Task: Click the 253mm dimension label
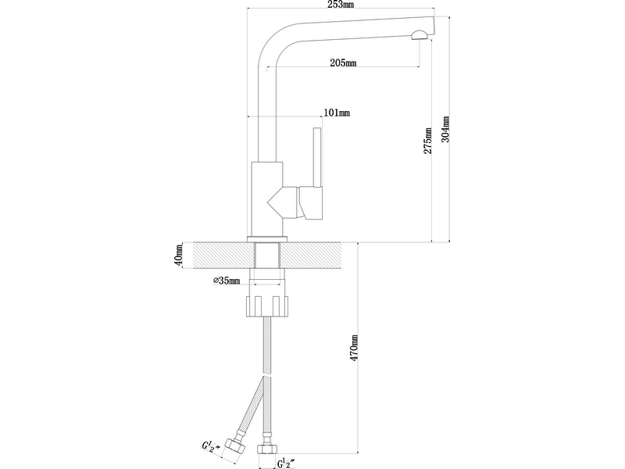coord(341,5)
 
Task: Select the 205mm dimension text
coord(343,63)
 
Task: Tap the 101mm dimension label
coord(337,113)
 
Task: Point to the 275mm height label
coord(427,141)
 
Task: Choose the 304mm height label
coord(445,129)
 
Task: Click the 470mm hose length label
coord(354,348)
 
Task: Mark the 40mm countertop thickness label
coord(178,256)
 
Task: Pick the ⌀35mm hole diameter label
coord(227,281)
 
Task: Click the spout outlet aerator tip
coord(419,35)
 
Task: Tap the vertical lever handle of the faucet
coord(318,157)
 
